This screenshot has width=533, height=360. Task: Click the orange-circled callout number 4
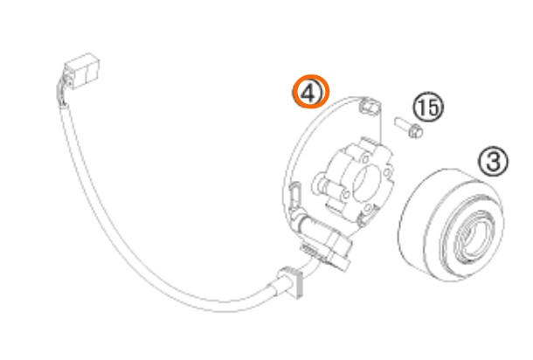click(311, 92)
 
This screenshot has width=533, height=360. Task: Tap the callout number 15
click(428, 107)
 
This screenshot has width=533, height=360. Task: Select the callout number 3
click(493, 161)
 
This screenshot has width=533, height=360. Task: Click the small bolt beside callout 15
click(409, 128)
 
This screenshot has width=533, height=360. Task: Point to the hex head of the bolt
click(415, 131)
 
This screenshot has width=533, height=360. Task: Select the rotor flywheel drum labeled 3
click(452, 225)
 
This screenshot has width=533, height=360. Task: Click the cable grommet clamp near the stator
click(292, 282)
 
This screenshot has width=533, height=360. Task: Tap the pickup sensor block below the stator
click(333, 246)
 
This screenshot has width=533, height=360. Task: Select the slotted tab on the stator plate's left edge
click(295, 194)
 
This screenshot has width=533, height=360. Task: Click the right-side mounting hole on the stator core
click(387, 173)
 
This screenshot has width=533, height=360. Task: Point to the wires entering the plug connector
click(63, 90)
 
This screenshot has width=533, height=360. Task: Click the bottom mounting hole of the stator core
click(367, 208)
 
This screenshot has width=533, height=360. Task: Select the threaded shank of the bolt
click(402, 123)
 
